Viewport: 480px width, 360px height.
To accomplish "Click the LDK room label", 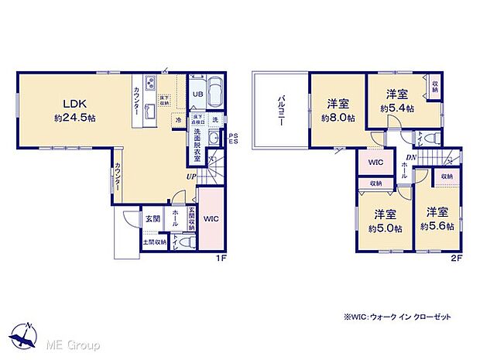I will click(64, 103).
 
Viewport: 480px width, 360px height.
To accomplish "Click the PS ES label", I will click(233, 139).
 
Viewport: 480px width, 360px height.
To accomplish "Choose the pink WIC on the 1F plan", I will click(211, 219).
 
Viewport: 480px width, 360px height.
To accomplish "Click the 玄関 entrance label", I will click(152, 219).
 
